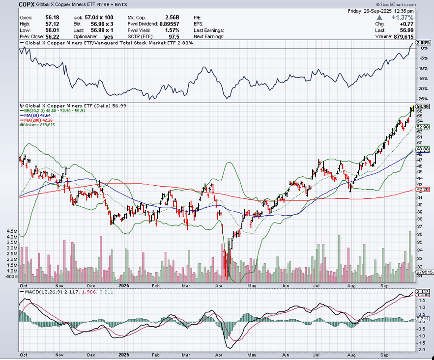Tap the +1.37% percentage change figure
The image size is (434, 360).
coord(404,17)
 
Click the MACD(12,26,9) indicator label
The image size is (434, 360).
coord(38,292)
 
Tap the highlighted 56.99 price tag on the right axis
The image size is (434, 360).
coord(423,106)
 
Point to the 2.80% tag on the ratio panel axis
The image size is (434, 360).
coord(423,43)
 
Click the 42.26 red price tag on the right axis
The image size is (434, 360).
coord(423,189)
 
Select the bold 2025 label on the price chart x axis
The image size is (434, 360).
coord(123,284)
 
